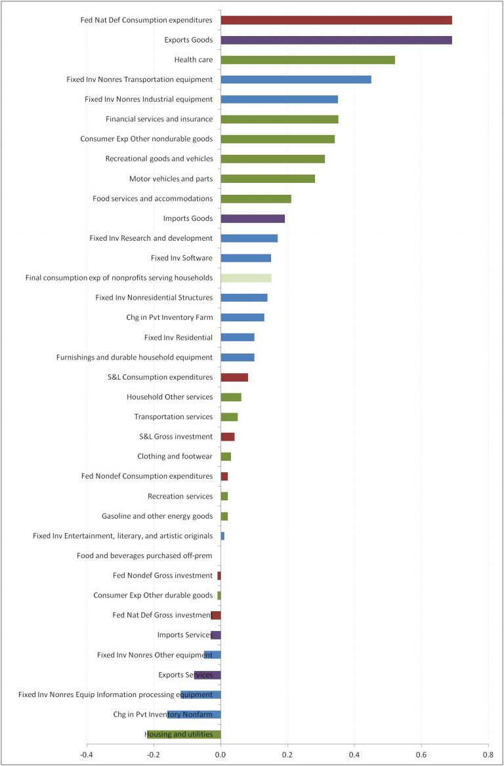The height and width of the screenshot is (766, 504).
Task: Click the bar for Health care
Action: click(307, 60)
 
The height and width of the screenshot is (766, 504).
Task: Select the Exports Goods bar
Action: click(336, 40)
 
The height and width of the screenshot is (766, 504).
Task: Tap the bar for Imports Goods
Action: click(253, 218)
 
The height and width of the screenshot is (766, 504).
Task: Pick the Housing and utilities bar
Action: click(184, 735)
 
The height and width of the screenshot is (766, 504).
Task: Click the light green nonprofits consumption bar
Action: click(246, 278)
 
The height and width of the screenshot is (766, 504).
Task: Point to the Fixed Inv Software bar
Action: click(245, 258)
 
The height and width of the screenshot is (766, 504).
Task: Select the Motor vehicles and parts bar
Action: click(268, 178)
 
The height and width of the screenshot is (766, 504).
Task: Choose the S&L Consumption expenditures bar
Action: click(234, 377)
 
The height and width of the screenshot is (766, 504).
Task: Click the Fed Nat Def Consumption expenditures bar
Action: click(336, 20)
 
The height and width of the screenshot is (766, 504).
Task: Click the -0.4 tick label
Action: click(87, 755)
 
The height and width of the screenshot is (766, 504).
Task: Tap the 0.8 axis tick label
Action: click(488, 755)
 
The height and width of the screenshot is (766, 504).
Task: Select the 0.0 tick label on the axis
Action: click(220, 755)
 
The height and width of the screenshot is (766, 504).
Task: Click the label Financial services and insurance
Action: click(159, 119)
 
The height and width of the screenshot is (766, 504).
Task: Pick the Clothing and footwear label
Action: click(175, 456)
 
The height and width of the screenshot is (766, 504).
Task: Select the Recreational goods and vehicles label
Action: click(159, 159)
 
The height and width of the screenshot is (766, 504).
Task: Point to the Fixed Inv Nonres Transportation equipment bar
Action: click(295, 79)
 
